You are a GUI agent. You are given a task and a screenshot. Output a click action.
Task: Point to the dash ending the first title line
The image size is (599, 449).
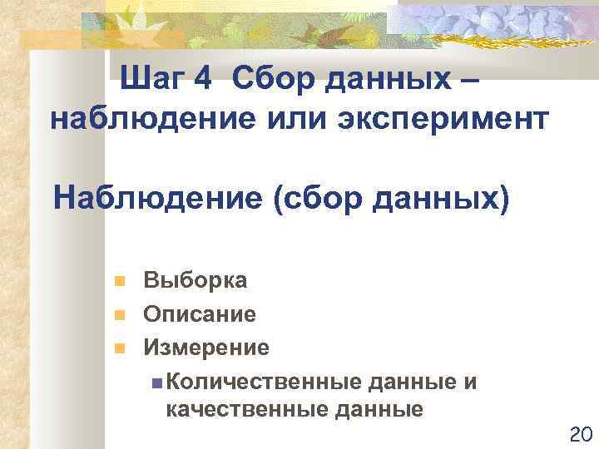[468, 81]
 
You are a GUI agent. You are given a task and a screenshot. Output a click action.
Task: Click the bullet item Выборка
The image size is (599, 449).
[195, 280]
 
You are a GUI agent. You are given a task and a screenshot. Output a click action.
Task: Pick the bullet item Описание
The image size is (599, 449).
[200, 314]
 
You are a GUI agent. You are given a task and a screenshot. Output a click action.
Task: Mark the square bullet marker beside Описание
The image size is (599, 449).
[120, 315]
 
